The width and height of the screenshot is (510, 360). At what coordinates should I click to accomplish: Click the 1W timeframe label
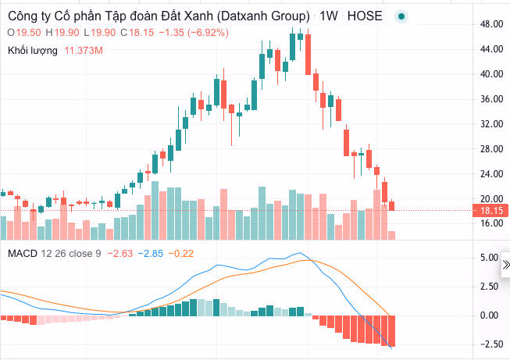(x=328, y=16)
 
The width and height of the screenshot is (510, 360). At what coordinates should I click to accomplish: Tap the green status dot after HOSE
(x=401, y=16)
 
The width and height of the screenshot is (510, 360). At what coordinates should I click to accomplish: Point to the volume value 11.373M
(x=84, y=51)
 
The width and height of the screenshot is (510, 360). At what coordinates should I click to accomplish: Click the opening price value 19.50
(x=29, y=32)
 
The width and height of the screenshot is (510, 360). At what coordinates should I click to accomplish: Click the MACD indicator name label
(x=21, y=253)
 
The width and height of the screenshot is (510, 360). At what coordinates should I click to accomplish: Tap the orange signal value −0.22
(x=182, y=253)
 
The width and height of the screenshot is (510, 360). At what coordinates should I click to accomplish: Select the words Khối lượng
(x=34, y=51)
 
